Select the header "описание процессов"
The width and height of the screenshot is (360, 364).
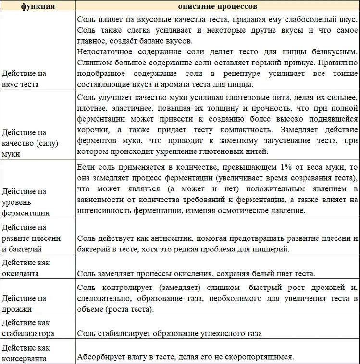click(x=217, y=7)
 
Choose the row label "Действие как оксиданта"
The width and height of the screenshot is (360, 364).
click(x=25, y=268)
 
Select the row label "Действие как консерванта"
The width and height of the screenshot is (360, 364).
click(x=26, y=352)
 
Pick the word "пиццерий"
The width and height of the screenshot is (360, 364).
click(x=273, y=250)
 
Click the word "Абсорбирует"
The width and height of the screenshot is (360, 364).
click(x=100, y=357)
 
